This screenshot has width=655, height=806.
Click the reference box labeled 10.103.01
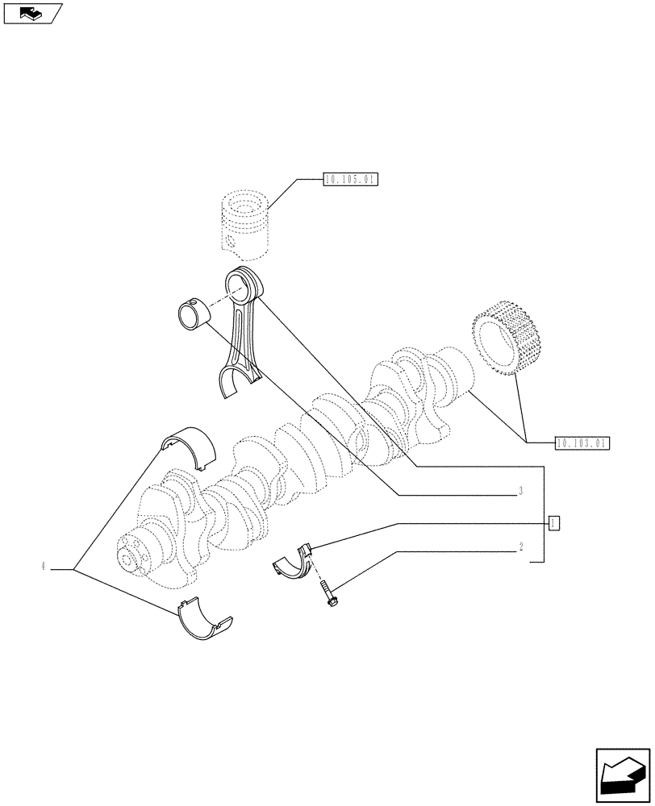tap(582, 442)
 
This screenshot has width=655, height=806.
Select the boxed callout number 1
tap(553, 524)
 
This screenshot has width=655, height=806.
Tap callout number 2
tap(521, 546)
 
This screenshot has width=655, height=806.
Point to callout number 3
tap(521, 491)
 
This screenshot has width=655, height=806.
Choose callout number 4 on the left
tap(42, 567)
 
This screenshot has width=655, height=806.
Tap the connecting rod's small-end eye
tap(241, 284)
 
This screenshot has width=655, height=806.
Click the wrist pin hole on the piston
tap(231, 241)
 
